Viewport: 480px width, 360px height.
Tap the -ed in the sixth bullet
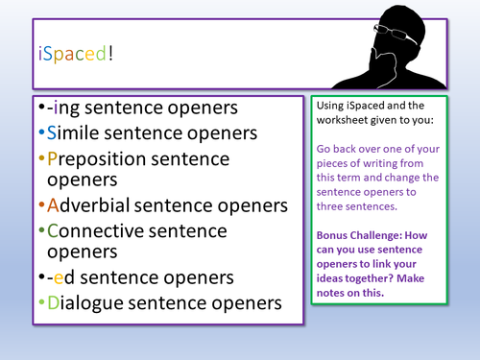click(x=59, y=278)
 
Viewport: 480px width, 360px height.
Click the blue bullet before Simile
click(x=38, y=132)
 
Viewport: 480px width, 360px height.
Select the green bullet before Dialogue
click(x=38, y=302)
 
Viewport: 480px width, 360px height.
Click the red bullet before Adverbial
click(x=38, y=205)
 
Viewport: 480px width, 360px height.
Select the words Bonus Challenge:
click(x=358, y=236)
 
